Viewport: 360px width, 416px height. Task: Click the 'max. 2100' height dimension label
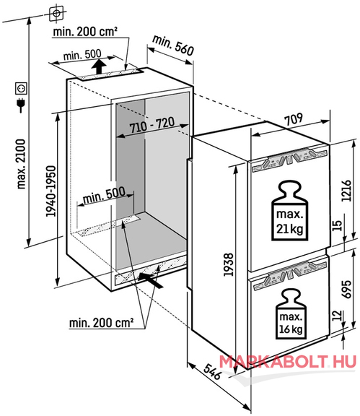click(x=21, y=164)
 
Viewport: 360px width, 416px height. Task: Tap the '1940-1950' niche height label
click(x=51, y=191)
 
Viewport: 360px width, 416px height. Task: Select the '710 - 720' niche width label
click(x=152, y=124)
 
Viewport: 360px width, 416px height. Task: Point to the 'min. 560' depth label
click(x=173, y=45)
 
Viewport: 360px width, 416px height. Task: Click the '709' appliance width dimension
click(x=293, y=119)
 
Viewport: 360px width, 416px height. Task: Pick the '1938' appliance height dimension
click(x=229, y=264)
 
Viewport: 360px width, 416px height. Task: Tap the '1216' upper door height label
click(x=346, y=191)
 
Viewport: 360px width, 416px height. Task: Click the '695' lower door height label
click(x=347, y=289)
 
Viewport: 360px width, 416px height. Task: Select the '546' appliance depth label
click(x=213, y=371)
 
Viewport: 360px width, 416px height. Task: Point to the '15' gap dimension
click(x=337, y=225)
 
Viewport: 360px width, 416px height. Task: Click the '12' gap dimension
click(x=337, y=316)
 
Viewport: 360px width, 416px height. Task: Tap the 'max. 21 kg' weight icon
click(x=289, y=211)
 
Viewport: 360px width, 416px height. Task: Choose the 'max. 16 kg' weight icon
click(x=291, y=314)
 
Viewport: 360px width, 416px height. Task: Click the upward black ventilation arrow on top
click(x=99, y=66)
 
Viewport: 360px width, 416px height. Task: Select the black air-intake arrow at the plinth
click(x=150, y=280)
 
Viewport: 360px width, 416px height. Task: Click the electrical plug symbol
click(x=21, y=105)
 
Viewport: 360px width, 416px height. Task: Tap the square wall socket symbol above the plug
click(x=21, y=88)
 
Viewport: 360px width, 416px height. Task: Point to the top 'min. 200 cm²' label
click(x=85, y=32)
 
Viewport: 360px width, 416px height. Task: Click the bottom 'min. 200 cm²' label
click(x=101, y=323)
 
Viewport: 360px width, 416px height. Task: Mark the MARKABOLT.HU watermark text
click(x=287, y=362)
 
